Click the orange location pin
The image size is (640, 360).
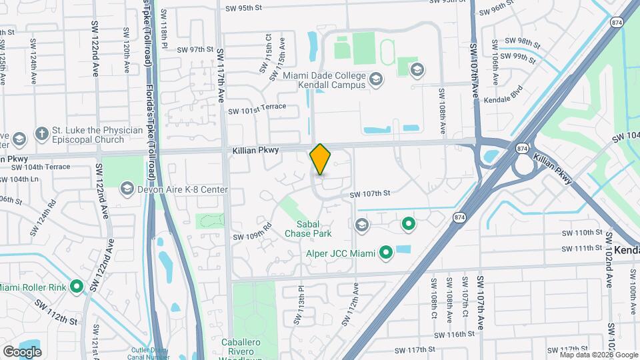click(321, 159)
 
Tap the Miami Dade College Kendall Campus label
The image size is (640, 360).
click(324, 80)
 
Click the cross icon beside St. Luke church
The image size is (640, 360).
click(41, 133)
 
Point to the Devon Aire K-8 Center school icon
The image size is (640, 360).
click(127, 190)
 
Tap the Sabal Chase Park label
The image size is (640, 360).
click(308, 229)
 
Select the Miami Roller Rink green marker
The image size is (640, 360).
click(77, 287)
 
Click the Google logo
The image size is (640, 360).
click(22, 351)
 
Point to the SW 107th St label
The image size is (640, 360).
click(369, 195)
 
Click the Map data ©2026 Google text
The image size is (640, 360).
click(598, 355)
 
